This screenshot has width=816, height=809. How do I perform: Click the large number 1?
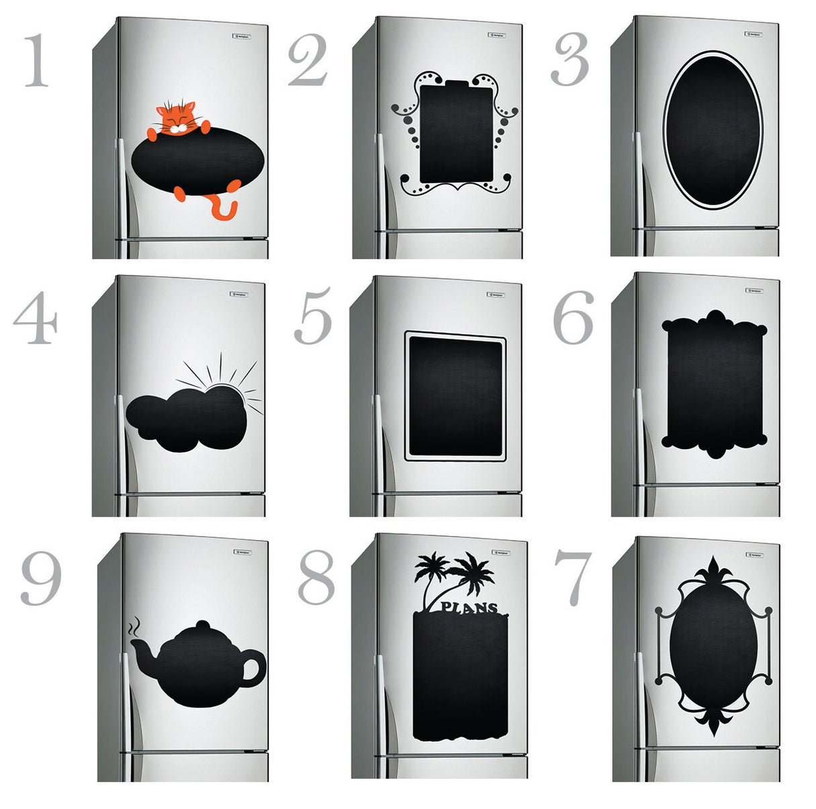(37, 62)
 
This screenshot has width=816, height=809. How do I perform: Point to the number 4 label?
(35, 320)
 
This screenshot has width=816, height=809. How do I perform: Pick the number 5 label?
(313, 316)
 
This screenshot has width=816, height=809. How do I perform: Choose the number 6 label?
(573, 317)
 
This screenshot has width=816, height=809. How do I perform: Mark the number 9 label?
(40, 578)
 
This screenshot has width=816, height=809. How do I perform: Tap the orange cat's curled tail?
(225, 208)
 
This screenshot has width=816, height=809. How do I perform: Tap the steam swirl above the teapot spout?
(135, 627)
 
